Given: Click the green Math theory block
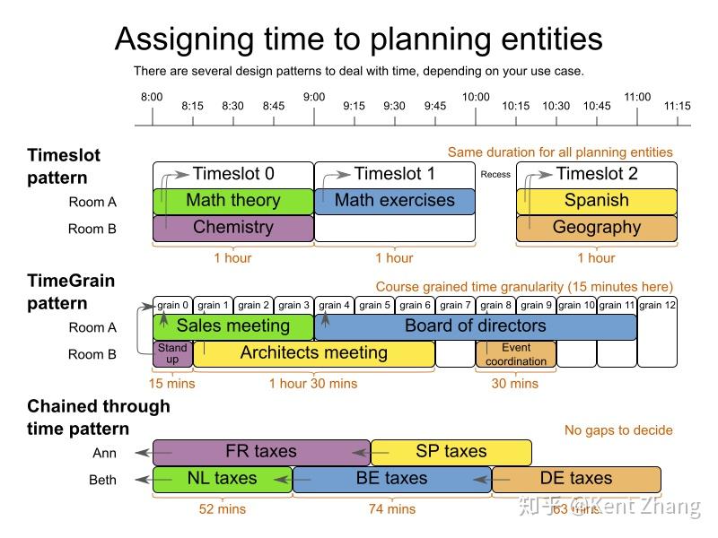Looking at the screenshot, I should click(x=233, y=201).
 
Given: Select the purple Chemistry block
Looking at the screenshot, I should click(x=233, y=228).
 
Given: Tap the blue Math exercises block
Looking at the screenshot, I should click(x=395, y=201).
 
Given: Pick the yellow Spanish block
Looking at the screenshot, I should click(x=597, y=201).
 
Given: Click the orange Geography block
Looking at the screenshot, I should click(x=597, y=228).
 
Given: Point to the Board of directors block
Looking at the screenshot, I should click(x=476, y=326).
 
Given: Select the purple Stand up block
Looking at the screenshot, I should click(x=172, y=353).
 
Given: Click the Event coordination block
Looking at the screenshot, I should click(x=516, y=354).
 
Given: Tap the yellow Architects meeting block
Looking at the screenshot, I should click(x=314, y=353).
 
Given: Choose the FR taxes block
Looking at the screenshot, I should click(x=261, y=452).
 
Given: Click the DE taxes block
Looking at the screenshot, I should click(x=576, y=479).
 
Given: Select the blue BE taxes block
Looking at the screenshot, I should click(x=392, y=479).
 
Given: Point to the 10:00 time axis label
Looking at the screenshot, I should click(x=476, y=97).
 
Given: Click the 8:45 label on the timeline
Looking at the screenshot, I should click(x=274, y=106).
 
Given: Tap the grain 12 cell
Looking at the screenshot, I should click(x=657, y=305).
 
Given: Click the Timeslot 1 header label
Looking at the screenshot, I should click(x=395, y=174).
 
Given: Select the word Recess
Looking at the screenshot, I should click(x=495, y=175).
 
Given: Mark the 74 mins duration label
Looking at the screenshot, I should click(x=392, y=509).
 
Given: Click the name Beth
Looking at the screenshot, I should click(x=102, y=480).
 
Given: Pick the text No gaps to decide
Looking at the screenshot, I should click(x=618, y=430).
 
